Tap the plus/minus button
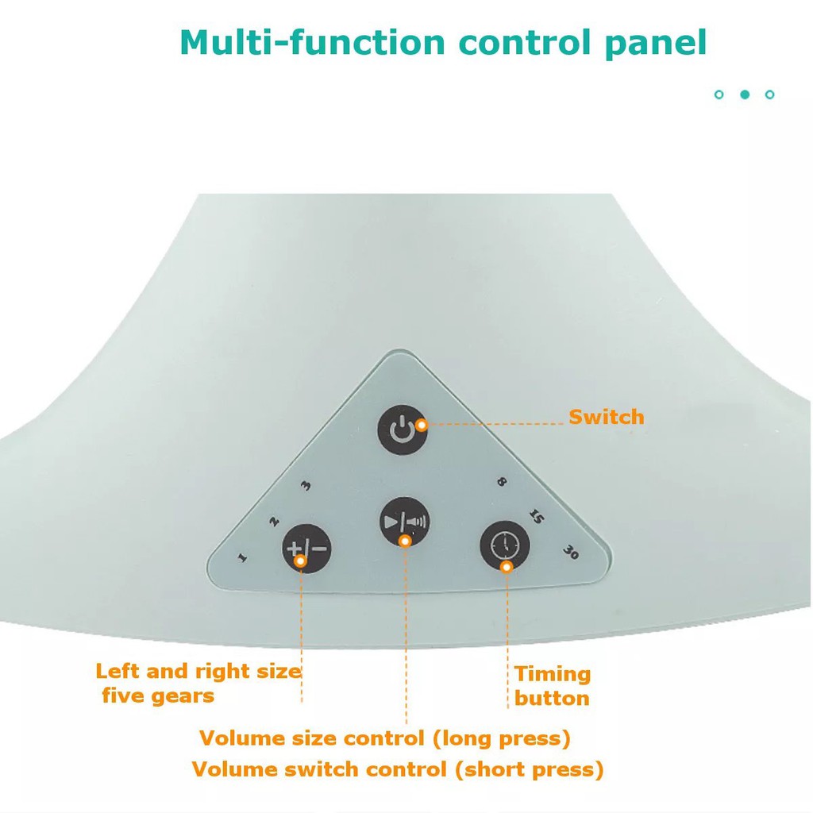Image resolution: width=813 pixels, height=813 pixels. click(306, 549)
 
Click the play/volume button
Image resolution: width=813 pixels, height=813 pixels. click(405, 522)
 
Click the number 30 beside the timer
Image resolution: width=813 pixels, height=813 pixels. click(569, 553)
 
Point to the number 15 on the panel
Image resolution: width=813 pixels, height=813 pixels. click(535, 518)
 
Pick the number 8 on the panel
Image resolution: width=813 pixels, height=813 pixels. click(501, 482)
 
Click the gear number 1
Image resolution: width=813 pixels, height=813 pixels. click(242, 557)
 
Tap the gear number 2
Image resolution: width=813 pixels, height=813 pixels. click(274, 522)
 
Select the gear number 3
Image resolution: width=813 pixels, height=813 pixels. click(306, 487)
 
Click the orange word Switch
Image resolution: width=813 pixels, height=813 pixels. click(606, 417)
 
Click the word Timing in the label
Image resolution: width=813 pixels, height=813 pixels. click(553, 674)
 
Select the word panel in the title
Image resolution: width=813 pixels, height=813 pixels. click(655, 43)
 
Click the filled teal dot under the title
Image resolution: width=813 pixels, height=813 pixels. click(745, 94)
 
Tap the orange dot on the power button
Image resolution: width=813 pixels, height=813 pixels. click(421, 425)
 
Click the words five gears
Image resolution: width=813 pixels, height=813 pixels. click(158, 696)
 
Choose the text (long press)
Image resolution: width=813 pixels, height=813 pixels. click(502, 738)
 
